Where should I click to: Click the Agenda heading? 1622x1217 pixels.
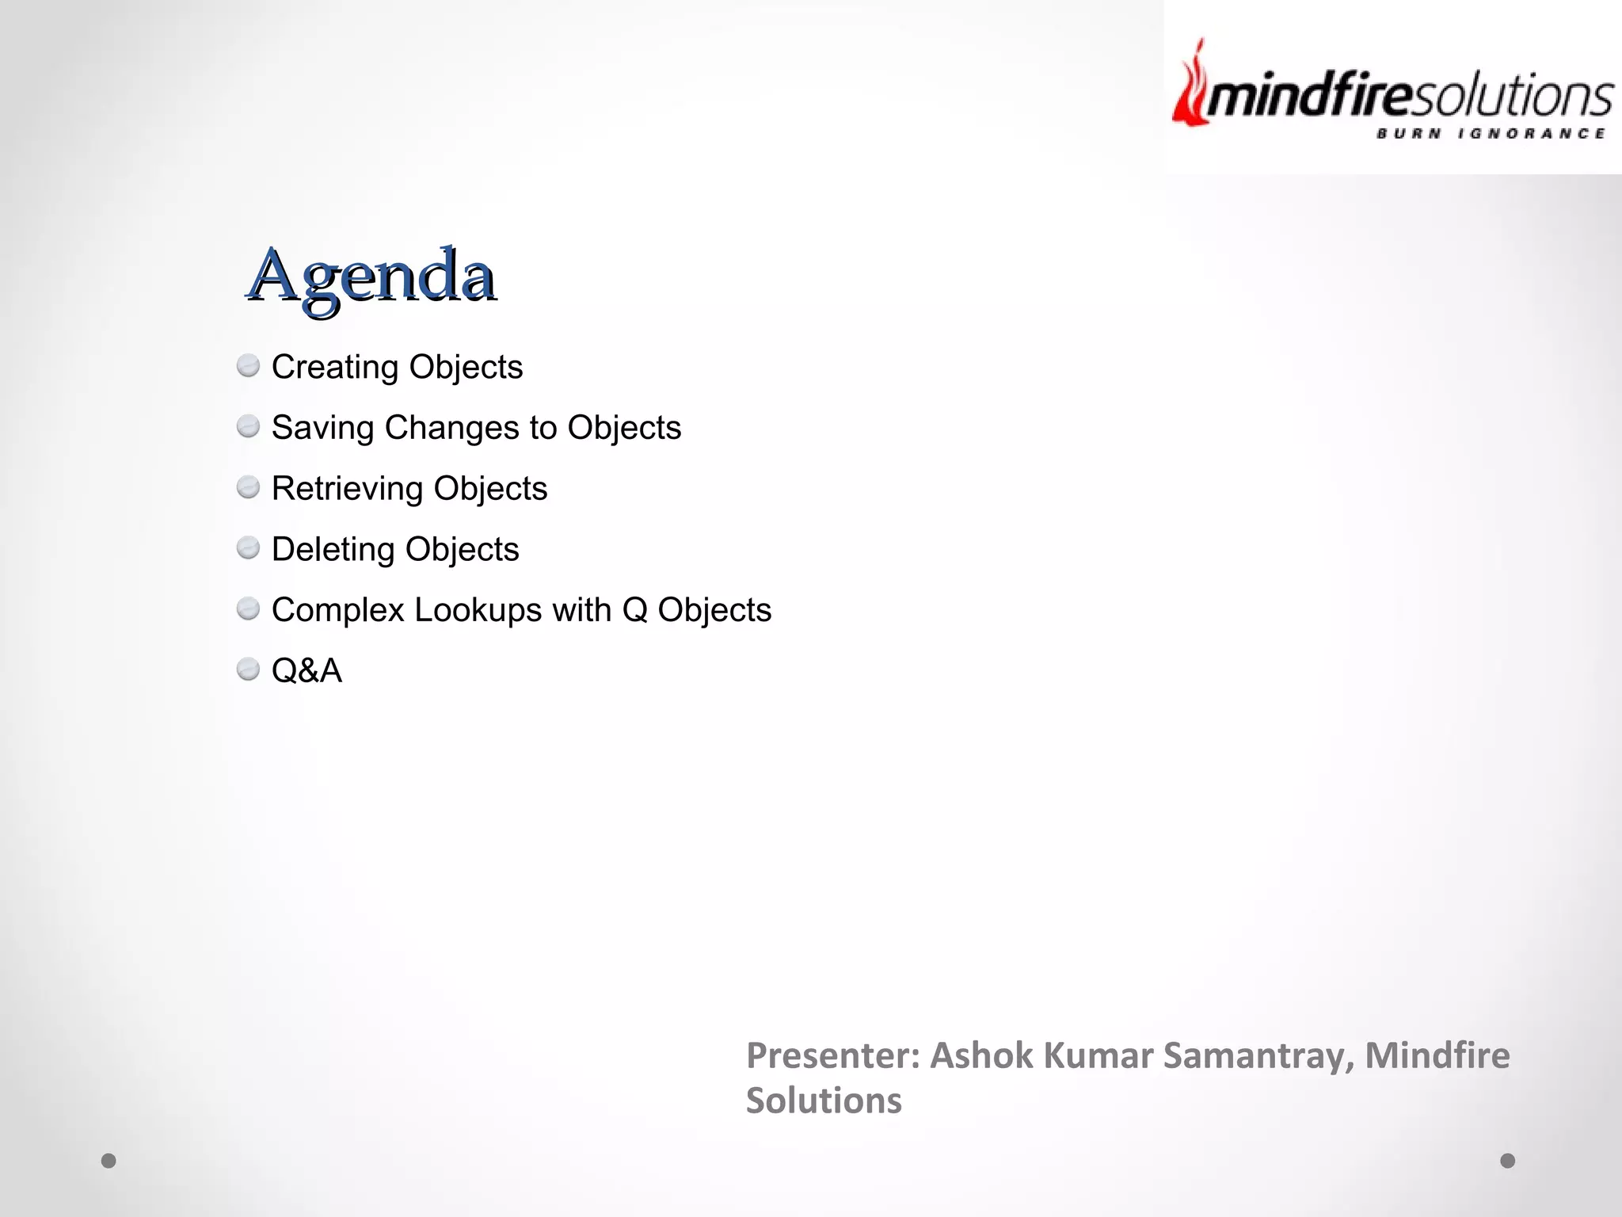click(371, 276)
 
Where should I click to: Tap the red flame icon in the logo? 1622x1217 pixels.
click(1190, 87)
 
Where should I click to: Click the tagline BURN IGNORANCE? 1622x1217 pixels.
click(1491, 134)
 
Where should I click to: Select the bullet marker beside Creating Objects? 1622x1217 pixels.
click(248, 366)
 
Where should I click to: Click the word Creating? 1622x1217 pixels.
click(335, 368)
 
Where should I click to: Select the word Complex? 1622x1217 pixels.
click(338, 610)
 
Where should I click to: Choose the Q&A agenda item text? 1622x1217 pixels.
click(307, 671)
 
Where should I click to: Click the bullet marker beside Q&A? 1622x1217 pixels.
click(248, 670)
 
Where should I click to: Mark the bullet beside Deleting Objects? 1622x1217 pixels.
click(248, 547)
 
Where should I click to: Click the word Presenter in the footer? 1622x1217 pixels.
click(832, 1056)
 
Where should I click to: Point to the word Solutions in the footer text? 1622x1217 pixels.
click(824, 1101)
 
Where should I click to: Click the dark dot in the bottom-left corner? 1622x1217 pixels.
click(109, 1161)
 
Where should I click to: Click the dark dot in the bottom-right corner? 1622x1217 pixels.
click(1507, 1161)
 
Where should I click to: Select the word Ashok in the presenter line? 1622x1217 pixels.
click(980, 1056)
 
